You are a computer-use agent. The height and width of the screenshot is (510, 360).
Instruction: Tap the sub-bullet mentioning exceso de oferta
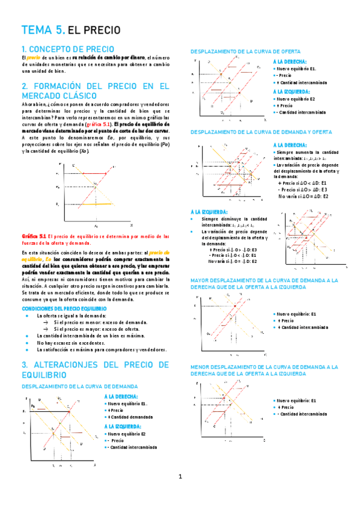tap(93, 329)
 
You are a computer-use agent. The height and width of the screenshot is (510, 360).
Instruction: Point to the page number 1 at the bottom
tap(180, 477)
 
